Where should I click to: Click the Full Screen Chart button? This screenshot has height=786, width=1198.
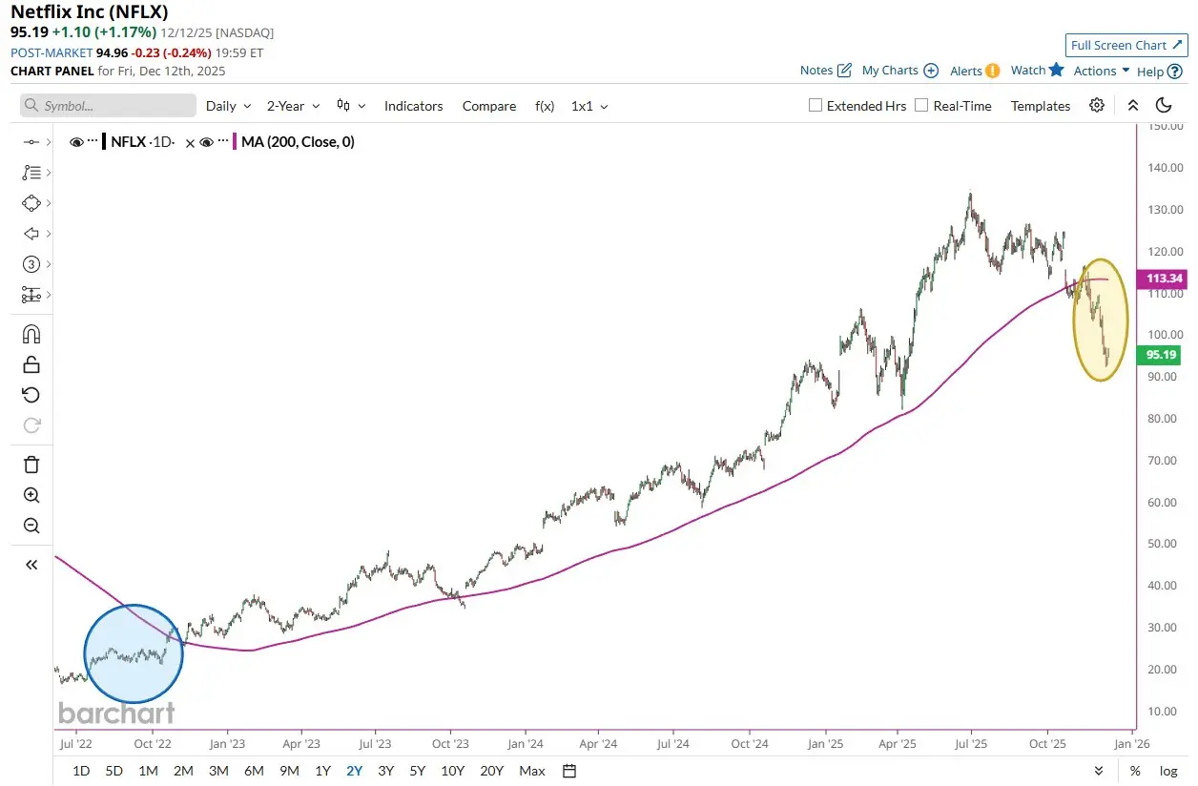[x=1126, y=45]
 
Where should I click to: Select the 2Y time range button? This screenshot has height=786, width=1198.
[x=354, y=771]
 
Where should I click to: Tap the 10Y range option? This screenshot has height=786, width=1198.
[x=452, y=771]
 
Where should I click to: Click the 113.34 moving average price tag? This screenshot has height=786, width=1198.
[x=1161, y=279]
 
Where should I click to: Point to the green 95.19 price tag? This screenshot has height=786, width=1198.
[x=1161, y=355]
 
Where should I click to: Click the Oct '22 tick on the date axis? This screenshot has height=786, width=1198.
[x=152, y=743]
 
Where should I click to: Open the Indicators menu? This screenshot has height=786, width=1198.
[x=413, y=106]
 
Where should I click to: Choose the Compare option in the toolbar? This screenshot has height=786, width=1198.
[x=489, y=106]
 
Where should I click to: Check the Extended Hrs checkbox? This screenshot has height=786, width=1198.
[x=816, y=106]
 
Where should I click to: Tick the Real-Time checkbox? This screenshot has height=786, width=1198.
[x=921, y=106]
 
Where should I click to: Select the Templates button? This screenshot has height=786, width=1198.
[x=1041, y=106]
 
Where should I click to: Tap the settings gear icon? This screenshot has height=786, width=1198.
[x=1097, y=105]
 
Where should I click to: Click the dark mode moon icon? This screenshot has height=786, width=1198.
[x=1164, y=105]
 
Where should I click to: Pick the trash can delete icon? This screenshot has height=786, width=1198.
[x=31, y=465]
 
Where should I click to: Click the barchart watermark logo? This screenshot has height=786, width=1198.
[x=116, y=713]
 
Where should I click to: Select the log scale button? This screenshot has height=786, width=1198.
[x=1167, y=771]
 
